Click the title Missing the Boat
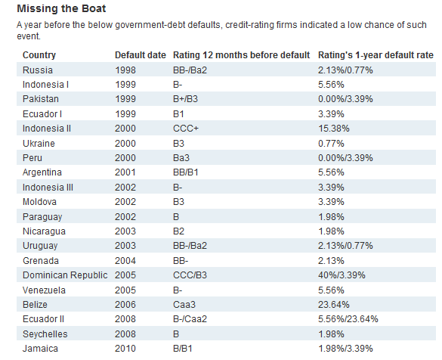click(x=61, y=9)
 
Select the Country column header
click(x=39, y=55)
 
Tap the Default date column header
click(x=141, y=55)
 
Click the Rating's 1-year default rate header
click(x=376, y=55)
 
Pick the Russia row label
click(x=38, y=70)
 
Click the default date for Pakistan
click(x=125, y=99)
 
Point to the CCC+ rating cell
click(x=186, y=129)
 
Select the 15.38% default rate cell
click(x=334, y=129)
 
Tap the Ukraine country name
click(x=39, y=144)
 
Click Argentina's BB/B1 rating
click(x=185, y=172)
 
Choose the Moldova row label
click(x=39, y=202)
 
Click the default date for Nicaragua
click(x=125, y=231)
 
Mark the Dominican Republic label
click(x=65, y=275)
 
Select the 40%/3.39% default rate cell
click(x=342, y=275)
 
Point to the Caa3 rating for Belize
click(x=184, y=305)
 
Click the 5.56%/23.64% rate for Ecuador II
click(x=348, y=319)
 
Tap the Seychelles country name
click(x=45, y=334)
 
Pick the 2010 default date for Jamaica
click(x=125, y=349)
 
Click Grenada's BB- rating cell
click(x=181, y=261)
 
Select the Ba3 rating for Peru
click(x=181, y=158)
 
